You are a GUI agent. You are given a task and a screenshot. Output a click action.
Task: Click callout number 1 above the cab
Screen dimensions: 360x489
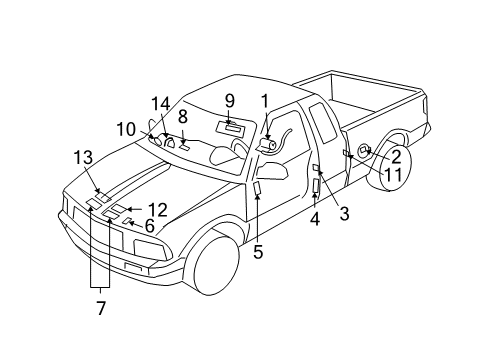265,100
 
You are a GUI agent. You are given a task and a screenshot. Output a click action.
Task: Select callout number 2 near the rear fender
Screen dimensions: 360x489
395,156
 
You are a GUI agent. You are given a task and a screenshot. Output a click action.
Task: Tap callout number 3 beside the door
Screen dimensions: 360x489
343,212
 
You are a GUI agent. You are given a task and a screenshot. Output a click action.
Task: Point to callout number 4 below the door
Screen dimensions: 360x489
314,219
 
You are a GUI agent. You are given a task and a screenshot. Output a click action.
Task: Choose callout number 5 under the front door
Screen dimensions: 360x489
257,252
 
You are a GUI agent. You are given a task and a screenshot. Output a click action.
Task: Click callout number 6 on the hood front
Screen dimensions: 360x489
149,227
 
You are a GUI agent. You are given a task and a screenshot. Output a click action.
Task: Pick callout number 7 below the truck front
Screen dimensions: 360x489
100,308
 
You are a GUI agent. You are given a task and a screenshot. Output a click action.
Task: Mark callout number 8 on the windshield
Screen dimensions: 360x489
183,116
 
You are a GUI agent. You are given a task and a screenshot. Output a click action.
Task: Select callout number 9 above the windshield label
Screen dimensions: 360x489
229,100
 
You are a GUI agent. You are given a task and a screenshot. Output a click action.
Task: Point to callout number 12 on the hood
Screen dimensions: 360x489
157,209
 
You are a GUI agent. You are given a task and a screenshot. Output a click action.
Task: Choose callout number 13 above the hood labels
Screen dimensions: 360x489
82,156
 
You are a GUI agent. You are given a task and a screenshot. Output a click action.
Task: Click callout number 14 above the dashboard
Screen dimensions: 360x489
162,103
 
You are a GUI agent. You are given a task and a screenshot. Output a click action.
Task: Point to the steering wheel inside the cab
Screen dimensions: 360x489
240,147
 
